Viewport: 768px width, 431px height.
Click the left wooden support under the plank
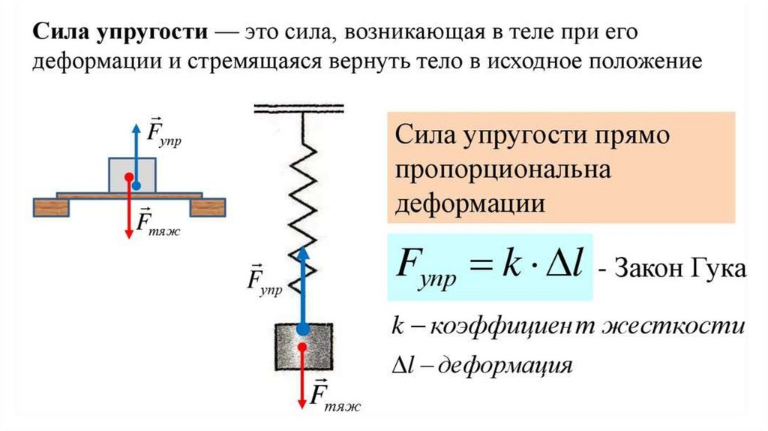51,207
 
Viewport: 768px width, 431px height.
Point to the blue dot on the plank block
136,184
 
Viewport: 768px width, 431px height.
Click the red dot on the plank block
129,178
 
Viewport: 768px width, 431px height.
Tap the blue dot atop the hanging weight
302,328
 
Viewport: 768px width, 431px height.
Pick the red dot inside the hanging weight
303,348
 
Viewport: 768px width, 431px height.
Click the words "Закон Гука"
680,269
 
